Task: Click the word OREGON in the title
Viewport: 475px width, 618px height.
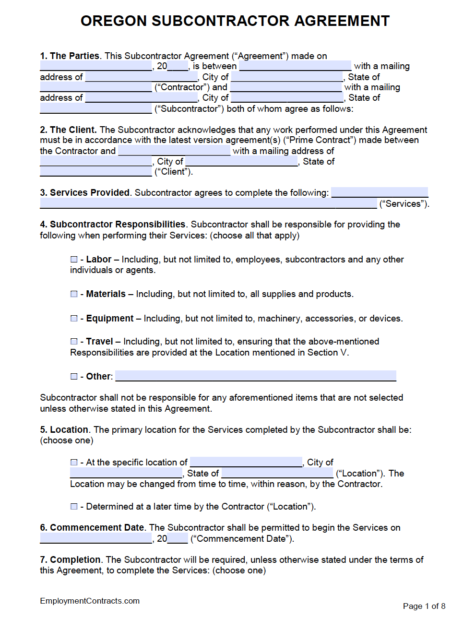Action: (113, 21)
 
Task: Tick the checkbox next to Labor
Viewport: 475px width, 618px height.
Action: (74, 259)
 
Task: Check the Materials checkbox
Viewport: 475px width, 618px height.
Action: (74, 294)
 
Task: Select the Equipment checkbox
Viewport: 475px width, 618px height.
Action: (74, 318)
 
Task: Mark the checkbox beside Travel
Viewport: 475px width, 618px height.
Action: (74, 341)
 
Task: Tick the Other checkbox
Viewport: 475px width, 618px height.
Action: (74, 376)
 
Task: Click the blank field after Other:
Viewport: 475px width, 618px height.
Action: (256, 376)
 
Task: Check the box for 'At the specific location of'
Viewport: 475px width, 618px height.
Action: (74, 462)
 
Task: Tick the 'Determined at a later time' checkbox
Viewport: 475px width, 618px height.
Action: (74, 506)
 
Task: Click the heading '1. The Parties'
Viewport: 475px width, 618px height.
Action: (70, 56)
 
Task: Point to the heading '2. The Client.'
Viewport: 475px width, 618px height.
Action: (68, 130)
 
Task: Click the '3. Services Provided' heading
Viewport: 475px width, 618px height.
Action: (85, 192)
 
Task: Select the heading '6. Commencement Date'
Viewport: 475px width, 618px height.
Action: (92, 527)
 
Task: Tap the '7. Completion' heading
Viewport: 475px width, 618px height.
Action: (71, 559)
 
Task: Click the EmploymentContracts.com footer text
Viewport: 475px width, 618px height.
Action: (90, 601)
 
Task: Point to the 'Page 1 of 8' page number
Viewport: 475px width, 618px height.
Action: (424, 606)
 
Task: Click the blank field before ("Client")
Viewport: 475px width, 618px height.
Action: (95, 171)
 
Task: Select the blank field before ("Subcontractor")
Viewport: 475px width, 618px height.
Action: (95, 108)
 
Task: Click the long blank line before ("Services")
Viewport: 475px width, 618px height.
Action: (208, 203)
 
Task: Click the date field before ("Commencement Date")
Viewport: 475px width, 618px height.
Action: (95, 538)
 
